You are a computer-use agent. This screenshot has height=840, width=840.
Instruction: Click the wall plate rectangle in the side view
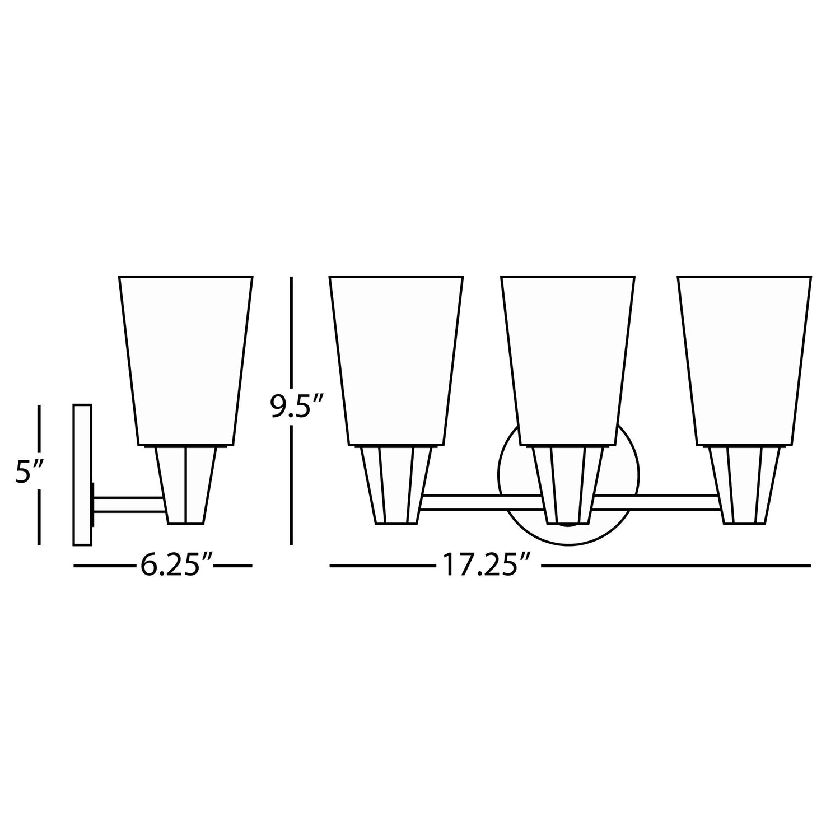pyautogui.click(x=82, y=474)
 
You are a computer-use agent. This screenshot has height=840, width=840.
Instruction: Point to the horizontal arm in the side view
pyautogui.click(x=130, y=506)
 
